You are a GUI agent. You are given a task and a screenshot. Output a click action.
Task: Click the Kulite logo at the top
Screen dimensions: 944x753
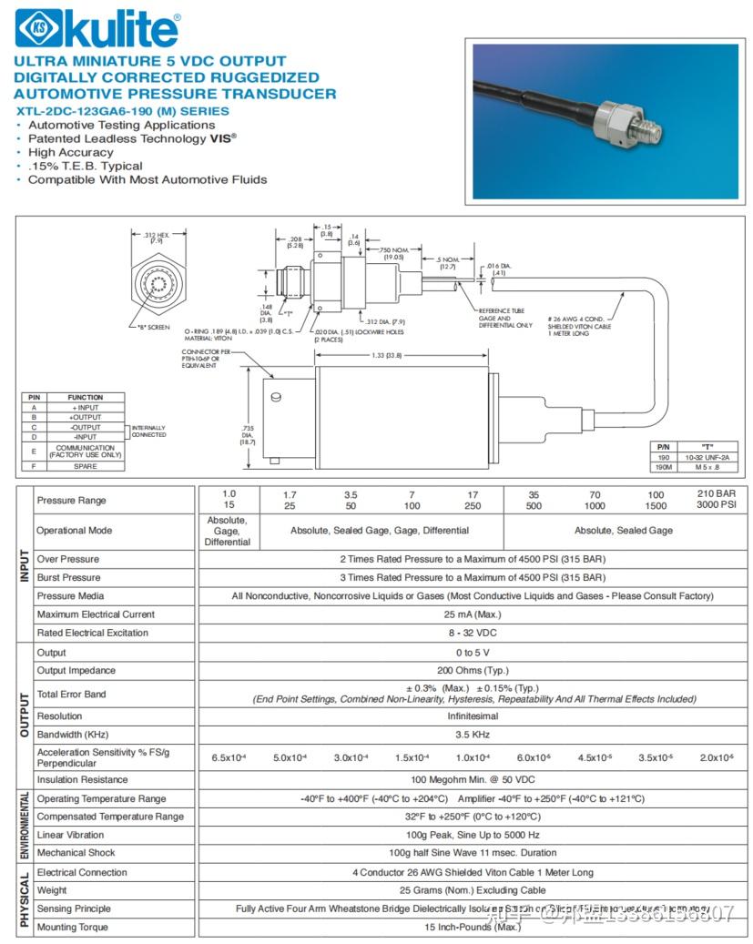click(97, 29)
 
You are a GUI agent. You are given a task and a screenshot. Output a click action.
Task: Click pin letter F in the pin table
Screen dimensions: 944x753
click(34, 466)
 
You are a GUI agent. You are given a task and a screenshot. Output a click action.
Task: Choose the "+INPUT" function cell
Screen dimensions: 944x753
click(86, 408)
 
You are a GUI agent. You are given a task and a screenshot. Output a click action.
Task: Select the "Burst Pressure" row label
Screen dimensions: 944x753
click(68, 578)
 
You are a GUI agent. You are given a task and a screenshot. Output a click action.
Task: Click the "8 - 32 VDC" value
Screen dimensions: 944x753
click(472, 633)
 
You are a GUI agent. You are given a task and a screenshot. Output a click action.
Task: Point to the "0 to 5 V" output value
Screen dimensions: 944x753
click(472, 653)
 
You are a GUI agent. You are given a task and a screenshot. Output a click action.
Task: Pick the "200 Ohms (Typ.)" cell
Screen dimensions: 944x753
click(472, 671)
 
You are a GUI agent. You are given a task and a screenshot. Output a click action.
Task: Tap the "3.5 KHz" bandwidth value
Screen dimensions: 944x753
click(472, 735)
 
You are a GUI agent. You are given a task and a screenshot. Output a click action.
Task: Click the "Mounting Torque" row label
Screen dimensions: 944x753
click(72, 928)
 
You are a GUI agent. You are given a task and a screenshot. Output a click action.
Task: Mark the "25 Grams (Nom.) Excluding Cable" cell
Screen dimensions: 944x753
click(472, 890)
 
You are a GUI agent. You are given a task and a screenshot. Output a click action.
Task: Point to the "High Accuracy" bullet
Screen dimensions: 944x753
click(73, 152)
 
